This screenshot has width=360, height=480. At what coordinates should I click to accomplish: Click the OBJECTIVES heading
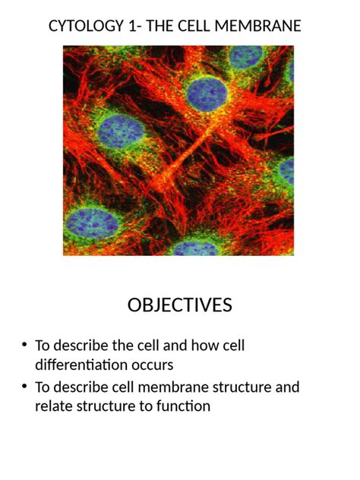point(180,305)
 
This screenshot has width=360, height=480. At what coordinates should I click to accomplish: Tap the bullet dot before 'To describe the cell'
point(24,346)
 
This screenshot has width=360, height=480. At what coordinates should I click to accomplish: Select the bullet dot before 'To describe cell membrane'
point(24,388)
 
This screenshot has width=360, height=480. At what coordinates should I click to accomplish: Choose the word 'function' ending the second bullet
point(182,406)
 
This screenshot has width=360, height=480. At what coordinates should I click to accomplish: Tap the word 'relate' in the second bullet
point(54,406)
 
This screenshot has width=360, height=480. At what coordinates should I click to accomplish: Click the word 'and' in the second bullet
point(287,387)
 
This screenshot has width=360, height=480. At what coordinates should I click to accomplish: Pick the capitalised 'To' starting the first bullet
point(43,346)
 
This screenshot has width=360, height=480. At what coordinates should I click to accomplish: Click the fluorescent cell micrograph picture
point(178,150)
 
